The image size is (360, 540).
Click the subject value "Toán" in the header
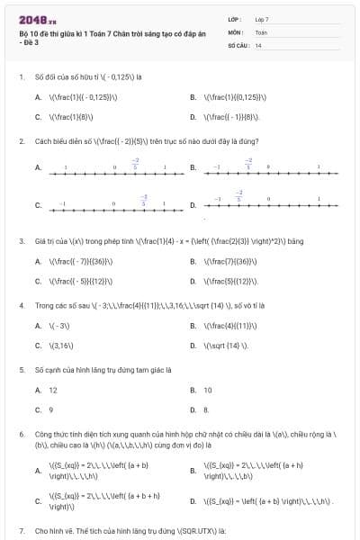pos(261,31)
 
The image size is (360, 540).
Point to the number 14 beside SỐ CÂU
pos(258,44)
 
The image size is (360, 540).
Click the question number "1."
pos(21,77)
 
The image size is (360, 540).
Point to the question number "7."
pos(21,531)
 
